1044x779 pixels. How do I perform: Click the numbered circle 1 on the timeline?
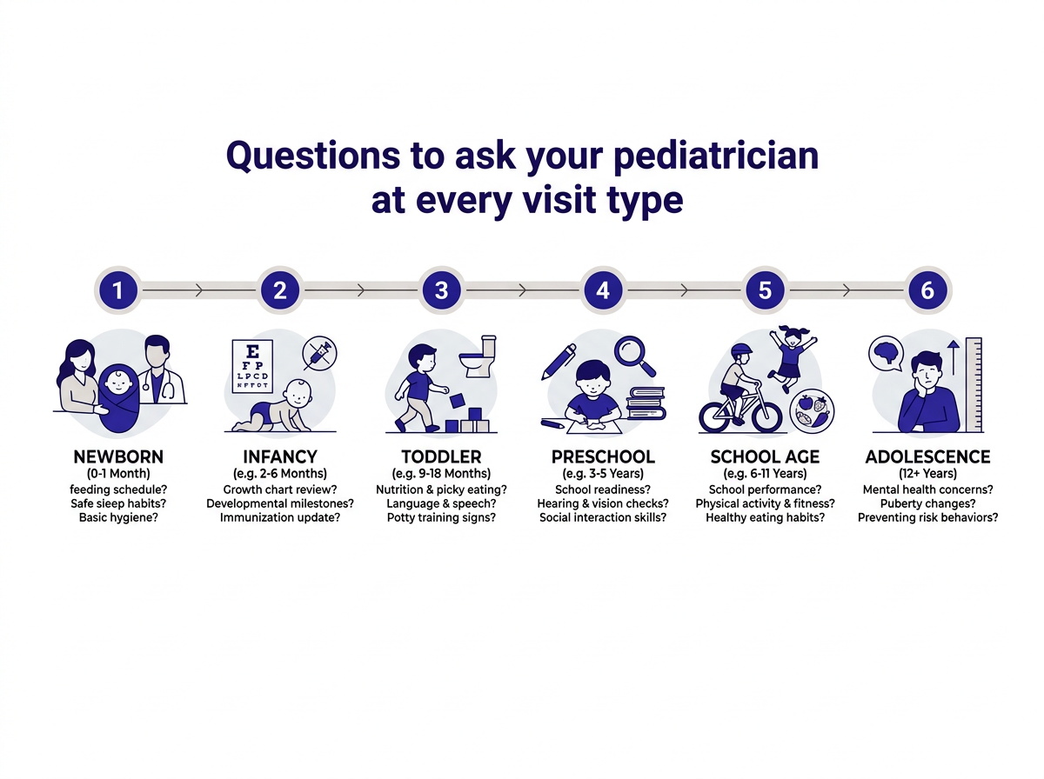(x=118, y=290)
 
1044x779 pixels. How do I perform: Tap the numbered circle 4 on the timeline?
(x=603, y=290)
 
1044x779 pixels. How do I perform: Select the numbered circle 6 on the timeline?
(x=927, y=290)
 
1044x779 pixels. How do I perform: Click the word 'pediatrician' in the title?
(x=716, y=156)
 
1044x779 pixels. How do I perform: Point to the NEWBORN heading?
(x=118, y=456)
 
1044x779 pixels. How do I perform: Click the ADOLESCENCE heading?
(x=927, y=456)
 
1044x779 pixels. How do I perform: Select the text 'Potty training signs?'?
(x=441, y=517)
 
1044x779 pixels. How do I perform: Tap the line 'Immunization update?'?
(x=279, y=517)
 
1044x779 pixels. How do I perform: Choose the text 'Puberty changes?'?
(x=927, y=503)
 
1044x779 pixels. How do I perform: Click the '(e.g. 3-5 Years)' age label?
(x=603, y=473)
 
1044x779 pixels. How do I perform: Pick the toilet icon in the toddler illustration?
(x=478, y=356)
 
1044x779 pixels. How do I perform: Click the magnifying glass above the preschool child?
(x=635, y=356)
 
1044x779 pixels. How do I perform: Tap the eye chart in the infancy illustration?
(x=252, y=366)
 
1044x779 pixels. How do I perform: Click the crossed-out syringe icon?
(x=319, y=353)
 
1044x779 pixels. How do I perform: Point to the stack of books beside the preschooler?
(x=646, y=403)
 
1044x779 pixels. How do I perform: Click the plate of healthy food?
(x=812, y=411)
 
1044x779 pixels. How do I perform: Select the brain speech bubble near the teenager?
(x=886, y=354)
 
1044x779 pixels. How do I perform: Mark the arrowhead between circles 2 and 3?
(x=361, y=290)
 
